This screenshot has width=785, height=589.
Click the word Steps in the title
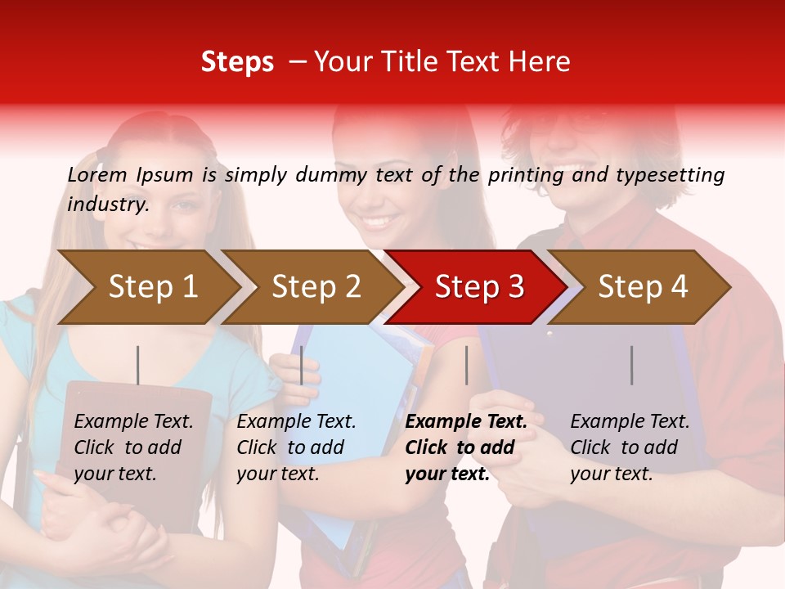pos(237,62)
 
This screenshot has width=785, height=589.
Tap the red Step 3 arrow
pos(479,286)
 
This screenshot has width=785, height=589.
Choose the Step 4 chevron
pos(643,286)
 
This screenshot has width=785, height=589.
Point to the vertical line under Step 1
pos(137,365)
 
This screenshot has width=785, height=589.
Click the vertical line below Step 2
pos(302,365)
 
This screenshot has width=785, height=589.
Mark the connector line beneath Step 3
pos(466,365)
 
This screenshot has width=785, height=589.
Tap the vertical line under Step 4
pos(631,365)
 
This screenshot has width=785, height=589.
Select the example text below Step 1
pos(133,447)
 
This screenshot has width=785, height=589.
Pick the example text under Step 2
pos(296,447)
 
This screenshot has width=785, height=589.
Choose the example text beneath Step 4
pos(630,447)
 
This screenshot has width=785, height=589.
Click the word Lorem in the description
pos(97,174)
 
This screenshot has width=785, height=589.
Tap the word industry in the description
pos(108,205)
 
